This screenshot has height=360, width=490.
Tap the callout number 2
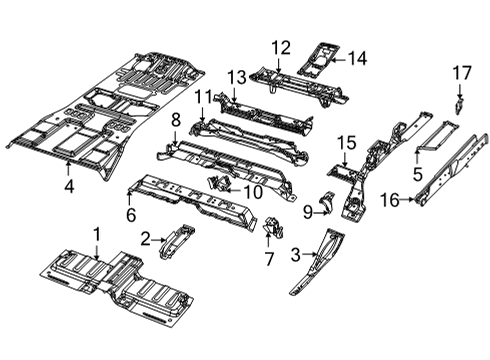[x=144, y=238]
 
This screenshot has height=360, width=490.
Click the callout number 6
[x=130, y=213]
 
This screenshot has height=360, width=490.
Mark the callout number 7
[x=267, y=258]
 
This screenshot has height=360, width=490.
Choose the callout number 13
[x=236, y=77]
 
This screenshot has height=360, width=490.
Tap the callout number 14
[x=357, y=58]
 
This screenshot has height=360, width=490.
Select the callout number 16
[x=389, y=200]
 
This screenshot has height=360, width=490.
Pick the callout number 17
[x=460, y=72]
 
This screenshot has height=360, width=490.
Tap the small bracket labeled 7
[x=268, y=228]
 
